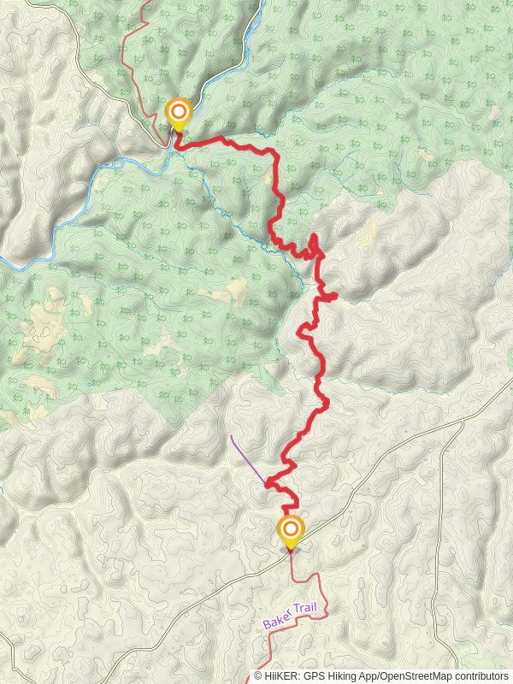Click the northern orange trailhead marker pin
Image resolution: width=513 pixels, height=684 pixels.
point(178,112)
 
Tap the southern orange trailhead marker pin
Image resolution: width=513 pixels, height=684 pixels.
point(291,529)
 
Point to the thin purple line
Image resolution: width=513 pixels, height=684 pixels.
point(246,457)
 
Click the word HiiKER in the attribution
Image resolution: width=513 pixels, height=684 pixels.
point(282,675)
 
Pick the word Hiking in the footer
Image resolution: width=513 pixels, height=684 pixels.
point(348,675)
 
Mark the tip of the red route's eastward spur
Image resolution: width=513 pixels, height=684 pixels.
point(336,297)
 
